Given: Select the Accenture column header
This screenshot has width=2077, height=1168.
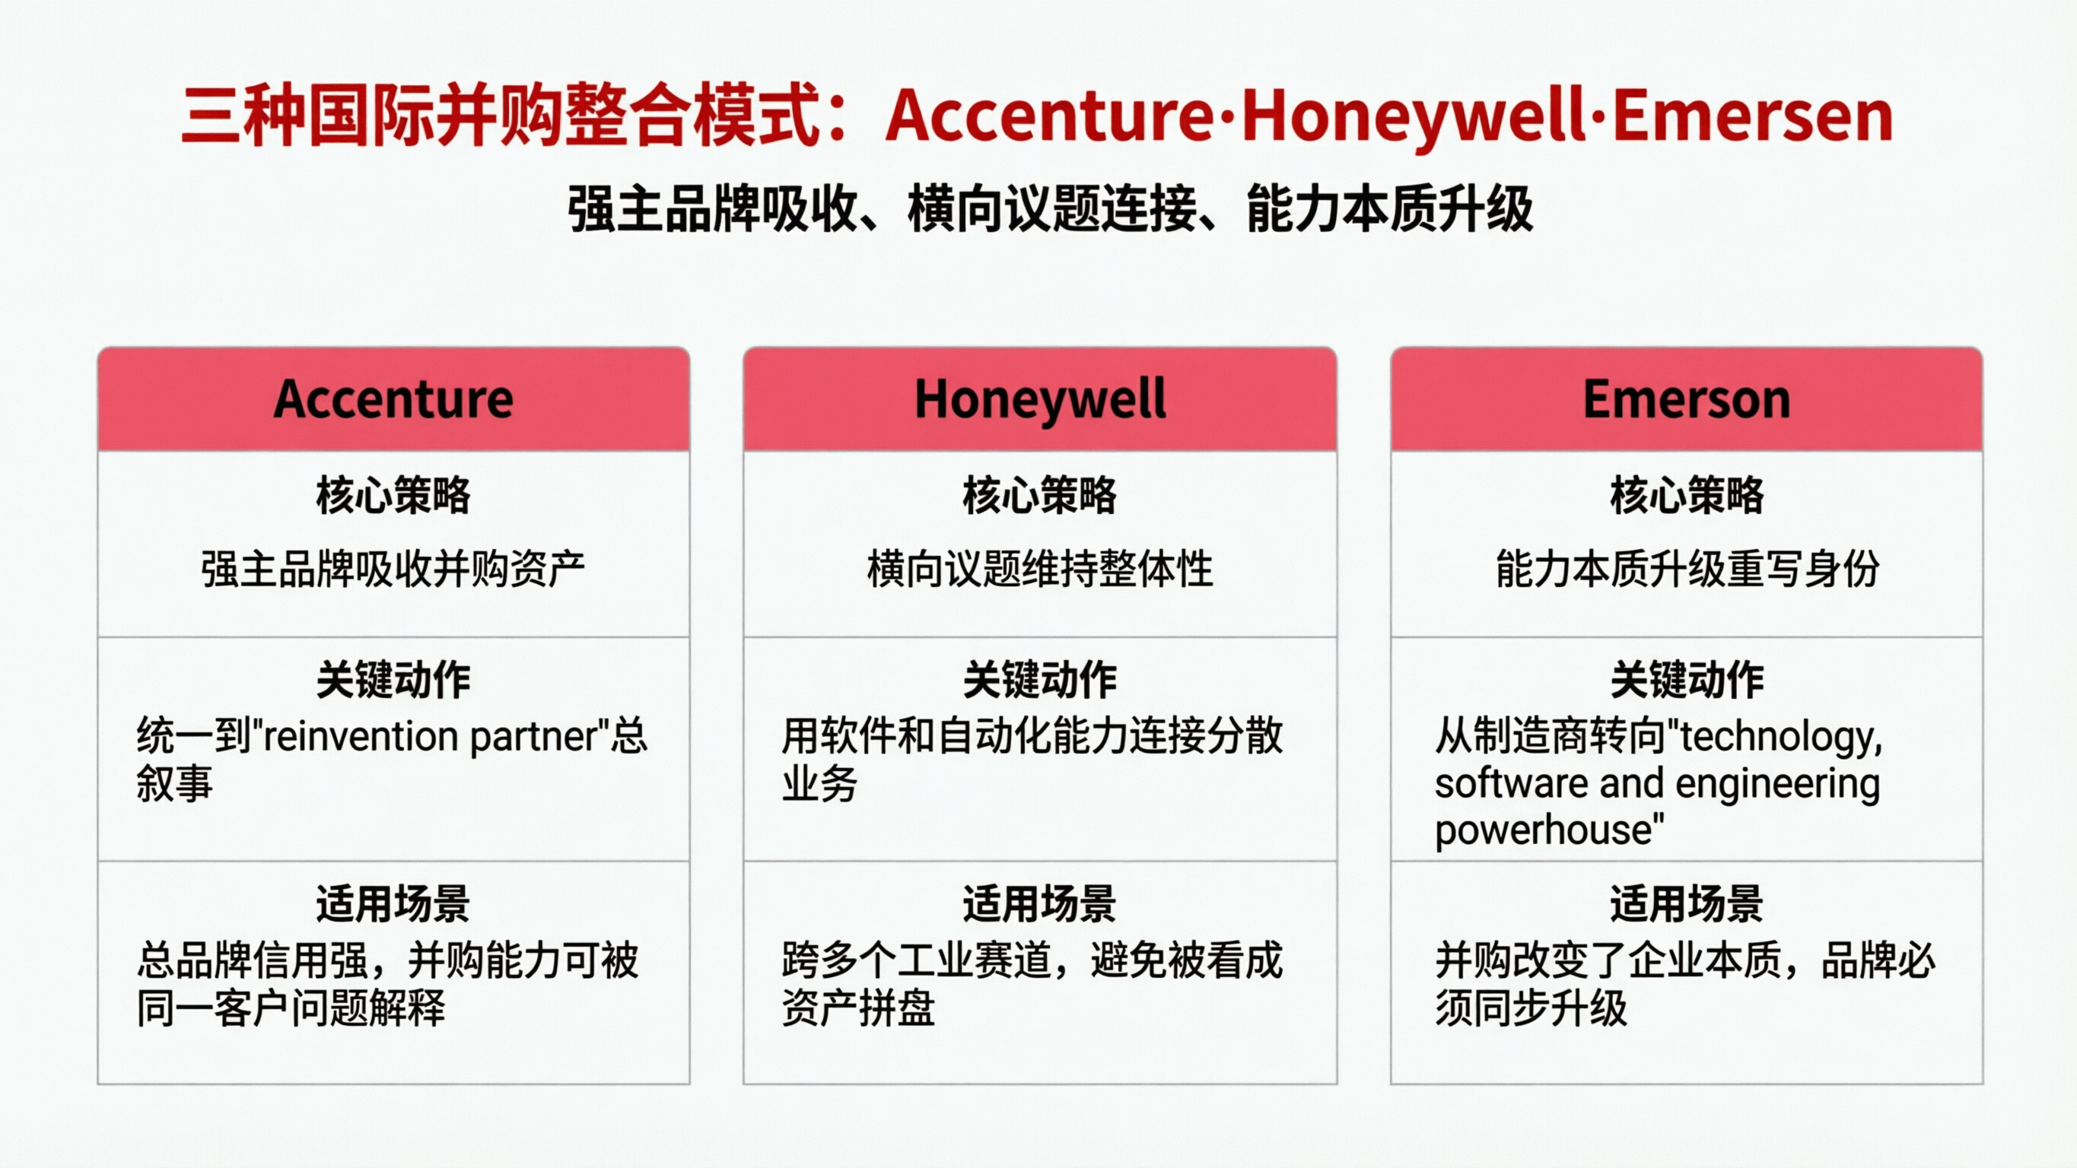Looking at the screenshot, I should click(393, 399).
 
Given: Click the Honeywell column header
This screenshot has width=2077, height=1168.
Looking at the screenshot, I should click(1039, 399).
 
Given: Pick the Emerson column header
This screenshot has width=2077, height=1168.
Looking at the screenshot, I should click(1686, 399).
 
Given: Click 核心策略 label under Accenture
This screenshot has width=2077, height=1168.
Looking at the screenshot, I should click(393, 495).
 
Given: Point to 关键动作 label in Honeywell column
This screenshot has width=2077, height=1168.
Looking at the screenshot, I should click(1039, 680).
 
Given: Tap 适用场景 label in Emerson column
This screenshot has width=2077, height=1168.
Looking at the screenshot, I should click(1686, 903).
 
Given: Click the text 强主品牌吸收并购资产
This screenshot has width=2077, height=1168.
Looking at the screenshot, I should click(393, 569).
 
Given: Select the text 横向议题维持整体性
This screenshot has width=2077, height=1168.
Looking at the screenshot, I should click(1039, 569).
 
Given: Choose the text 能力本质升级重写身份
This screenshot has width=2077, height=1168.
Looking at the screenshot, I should click(1686, 569).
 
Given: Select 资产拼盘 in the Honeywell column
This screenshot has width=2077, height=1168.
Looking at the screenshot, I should click(858, 1008).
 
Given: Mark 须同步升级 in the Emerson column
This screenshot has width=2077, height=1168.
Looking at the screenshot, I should click(1530, 1008).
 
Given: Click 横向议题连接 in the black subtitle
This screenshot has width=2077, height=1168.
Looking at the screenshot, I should click(1052, 210).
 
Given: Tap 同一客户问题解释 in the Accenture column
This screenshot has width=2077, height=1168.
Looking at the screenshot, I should click(291, 1008).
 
